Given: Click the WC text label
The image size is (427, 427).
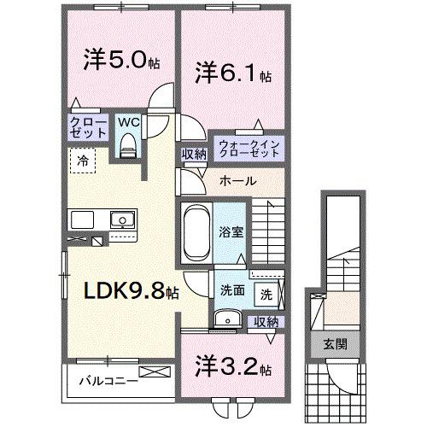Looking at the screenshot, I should [128, 121].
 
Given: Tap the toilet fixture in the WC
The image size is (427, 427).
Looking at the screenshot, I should [129, 147].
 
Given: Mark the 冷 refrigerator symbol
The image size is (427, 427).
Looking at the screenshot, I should [84, 159].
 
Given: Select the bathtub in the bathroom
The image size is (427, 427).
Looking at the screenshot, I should [194, 230].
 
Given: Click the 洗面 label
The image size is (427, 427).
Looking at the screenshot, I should [231, 290].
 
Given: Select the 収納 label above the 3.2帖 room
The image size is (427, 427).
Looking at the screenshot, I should [267, 321].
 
